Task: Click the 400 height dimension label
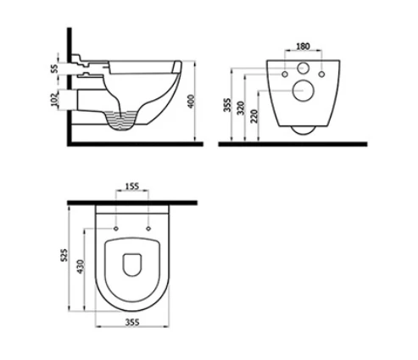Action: pyautogui.click(x=192, y=102)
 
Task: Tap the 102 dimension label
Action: pyautogui.click(x=54, y=99)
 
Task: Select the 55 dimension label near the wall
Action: pyautogui.click(x=54, y=69)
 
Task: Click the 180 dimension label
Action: pyautogui.click(x=303, y=46)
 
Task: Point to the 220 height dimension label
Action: pyautogui.click(x=254, y=116)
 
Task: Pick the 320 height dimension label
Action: pyautogui.click(x=241, y=108)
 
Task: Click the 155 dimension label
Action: pyautogui.click(x=131, y=186)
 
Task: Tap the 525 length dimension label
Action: pyautogui.click(x=65, y=255)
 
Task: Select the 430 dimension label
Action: pyautogui.click(x=81, y=267)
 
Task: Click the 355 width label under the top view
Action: pyautogui.click(x=132, y=322)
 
